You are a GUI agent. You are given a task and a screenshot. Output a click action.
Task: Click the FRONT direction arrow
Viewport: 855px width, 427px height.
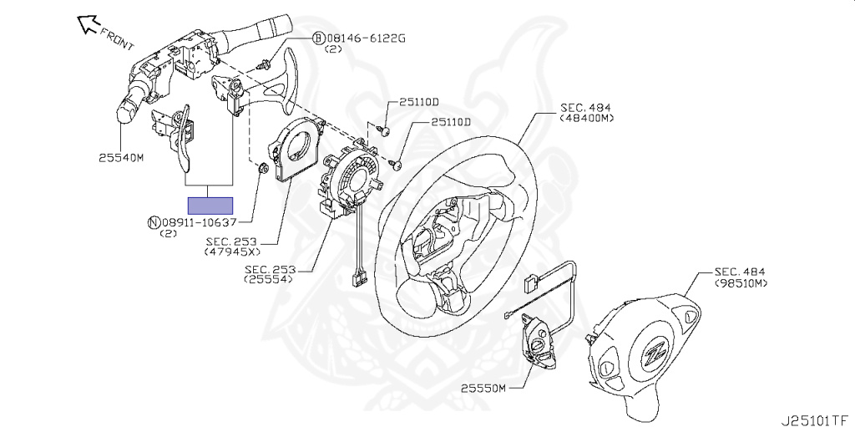[x=88, y=24]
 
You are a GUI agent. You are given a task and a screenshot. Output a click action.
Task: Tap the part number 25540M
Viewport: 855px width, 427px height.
[x=121, y=158]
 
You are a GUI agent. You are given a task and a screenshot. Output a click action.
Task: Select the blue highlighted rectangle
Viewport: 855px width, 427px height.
[x=210, y=206]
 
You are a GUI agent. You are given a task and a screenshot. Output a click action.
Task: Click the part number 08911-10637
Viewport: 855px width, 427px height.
[x=199, y=222]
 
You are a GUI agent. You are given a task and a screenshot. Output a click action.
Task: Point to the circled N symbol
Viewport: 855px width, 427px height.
[x=154, y=222]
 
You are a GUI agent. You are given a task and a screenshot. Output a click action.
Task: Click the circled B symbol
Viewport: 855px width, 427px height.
[x=318, y=38]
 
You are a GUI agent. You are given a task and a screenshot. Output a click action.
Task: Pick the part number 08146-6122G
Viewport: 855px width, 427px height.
[x=366, y=38]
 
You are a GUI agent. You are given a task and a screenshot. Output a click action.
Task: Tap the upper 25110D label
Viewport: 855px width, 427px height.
[x=419, y=102]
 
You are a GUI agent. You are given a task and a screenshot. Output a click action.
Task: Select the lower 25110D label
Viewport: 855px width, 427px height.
[x=450, y=122]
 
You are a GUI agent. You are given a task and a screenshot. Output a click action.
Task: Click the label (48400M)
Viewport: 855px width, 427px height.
[x=586, y=117]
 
